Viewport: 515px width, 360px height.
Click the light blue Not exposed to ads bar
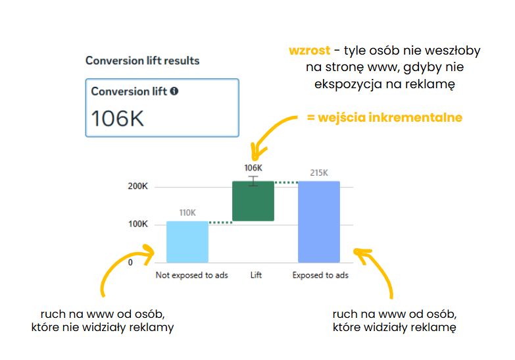pyautogui.click(x=187, y=242)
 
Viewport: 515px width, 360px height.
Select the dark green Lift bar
pyautogui.click(x=253, y=201)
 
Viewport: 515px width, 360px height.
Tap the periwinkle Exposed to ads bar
pyautogui.click(x=319, y=222)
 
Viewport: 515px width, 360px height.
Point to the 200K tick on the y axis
pyautogui.click(x=137, y=186)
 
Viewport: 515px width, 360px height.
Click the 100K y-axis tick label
pyautogui.click(x=138, y=224)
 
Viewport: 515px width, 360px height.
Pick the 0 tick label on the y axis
pyautogui.click(x=130, y=263)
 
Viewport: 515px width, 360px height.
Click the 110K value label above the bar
pyautogui.click(x=187, y=213)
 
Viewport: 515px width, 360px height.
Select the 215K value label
pyautogui.click(x=319, y=172)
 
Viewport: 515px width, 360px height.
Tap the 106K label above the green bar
pyautogui.click(x=253, y=168)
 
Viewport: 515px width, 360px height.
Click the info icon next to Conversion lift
pyautogui.click(x=174, y=91)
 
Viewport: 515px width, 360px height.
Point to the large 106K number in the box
pyautogui.click(x=118, y=118)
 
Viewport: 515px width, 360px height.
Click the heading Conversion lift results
pyautogui.click(x=142, y=61)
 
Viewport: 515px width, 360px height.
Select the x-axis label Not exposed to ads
pyautogui.click(x=191, y=275)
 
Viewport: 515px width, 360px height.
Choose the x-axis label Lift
pyautogui.click(x=256, y=275)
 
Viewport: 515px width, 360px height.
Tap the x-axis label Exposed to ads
pyautogui.click(x=320, y=275)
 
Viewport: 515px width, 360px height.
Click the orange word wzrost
pyautogui.click(x=309, y=50)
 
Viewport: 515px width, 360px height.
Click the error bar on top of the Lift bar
pyautogui.click(x=253, y=181)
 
